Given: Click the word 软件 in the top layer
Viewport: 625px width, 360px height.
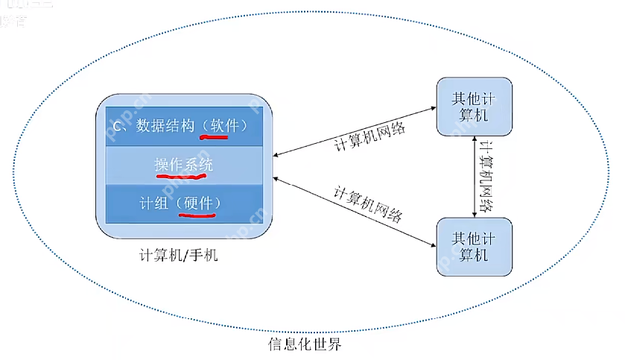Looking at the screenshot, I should (223, 124).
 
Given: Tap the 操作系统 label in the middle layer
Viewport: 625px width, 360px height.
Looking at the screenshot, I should (184, 164).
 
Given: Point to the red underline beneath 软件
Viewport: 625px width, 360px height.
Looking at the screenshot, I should (222, 137).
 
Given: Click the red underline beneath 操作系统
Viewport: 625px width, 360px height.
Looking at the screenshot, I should (183, 177).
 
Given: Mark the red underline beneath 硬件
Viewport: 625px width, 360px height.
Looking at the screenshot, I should (196, 215).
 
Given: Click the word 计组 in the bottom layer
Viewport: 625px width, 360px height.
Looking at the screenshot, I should (150, 203).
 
